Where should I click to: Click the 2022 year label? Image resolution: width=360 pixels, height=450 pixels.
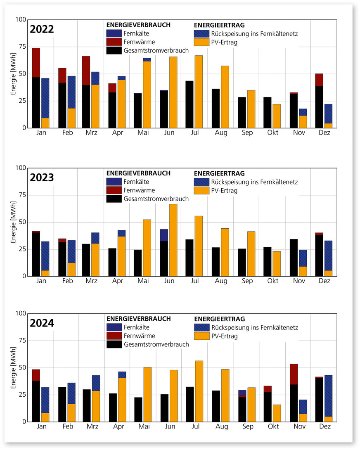[x=42, y=30]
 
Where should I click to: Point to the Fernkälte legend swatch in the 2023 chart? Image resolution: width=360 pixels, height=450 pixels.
[x=114, y=182]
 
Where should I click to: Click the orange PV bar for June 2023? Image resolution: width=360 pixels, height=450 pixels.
[x=173, y=240]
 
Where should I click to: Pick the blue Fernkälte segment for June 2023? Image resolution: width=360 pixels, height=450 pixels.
[x=164, y=235]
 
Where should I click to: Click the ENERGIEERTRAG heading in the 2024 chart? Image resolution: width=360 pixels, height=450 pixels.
[x=219, y=319]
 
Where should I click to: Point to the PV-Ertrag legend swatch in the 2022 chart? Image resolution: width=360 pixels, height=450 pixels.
[x=201, y=42]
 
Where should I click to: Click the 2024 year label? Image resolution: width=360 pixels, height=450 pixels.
[x=42, y=323]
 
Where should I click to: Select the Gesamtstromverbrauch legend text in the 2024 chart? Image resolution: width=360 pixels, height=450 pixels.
[x=156, y=344]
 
